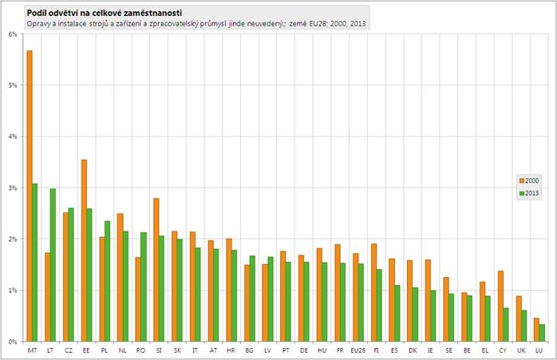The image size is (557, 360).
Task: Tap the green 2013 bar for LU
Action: click(543, 332)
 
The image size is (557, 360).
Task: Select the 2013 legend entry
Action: click(527, 192)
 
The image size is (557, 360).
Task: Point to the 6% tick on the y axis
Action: click(13, 34)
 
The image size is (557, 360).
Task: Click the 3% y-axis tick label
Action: click(13, 188)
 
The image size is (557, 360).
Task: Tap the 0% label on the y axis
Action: click(13, 342)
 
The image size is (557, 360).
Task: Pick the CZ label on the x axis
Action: click(68, 350)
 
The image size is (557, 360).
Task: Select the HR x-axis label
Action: click(230, 350)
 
